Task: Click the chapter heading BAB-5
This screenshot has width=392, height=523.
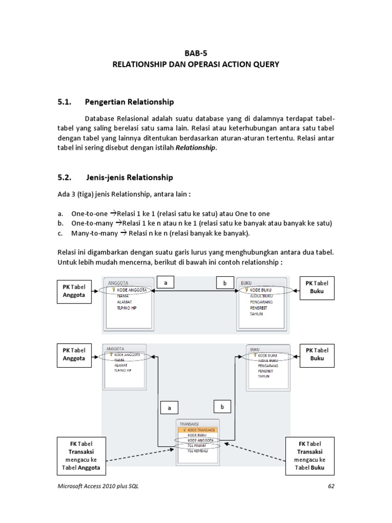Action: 196,53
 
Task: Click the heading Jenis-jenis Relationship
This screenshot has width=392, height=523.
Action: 129,178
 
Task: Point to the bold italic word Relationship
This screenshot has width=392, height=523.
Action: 196,148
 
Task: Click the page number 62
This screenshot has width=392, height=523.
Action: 331,486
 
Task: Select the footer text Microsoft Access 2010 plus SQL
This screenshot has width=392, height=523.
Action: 97,486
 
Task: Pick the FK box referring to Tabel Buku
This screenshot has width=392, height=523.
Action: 310,456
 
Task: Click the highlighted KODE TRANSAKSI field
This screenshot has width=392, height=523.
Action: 199,430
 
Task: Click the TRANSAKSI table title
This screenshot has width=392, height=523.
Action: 189,423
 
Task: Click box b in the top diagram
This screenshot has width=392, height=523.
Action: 225,282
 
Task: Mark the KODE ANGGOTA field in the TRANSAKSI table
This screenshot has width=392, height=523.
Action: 200,440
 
